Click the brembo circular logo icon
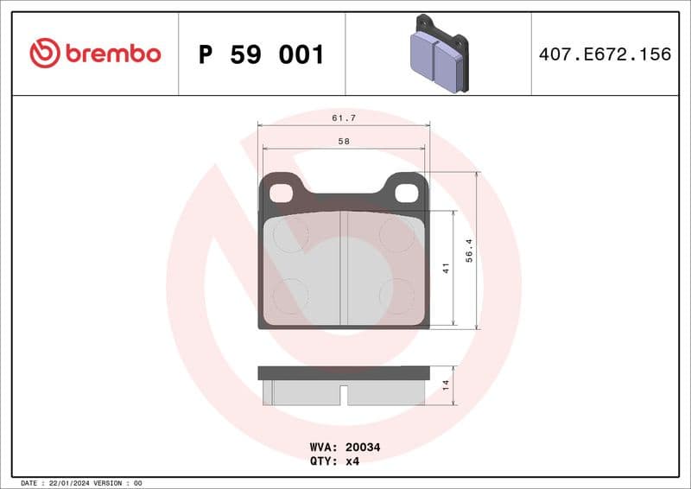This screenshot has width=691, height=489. tap(44, 54)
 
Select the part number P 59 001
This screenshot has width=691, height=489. tap(261, 54)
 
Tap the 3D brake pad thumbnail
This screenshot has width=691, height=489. tap(437, 54)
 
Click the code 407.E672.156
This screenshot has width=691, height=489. tap(605, 54)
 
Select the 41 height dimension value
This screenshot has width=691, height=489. tap(446, 269)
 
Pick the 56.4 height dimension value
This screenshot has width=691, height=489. tap(469, 251)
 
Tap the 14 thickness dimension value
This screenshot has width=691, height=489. tap(446, 384)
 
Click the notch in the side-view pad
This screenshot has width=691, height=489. tap(344, 395)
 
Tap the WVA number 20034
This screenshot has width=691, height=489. tap(363, 448)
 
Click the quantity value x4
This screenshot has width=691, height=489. tap(352, 461)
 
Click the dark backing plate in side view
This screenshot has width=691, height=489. tap(344, 372)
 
